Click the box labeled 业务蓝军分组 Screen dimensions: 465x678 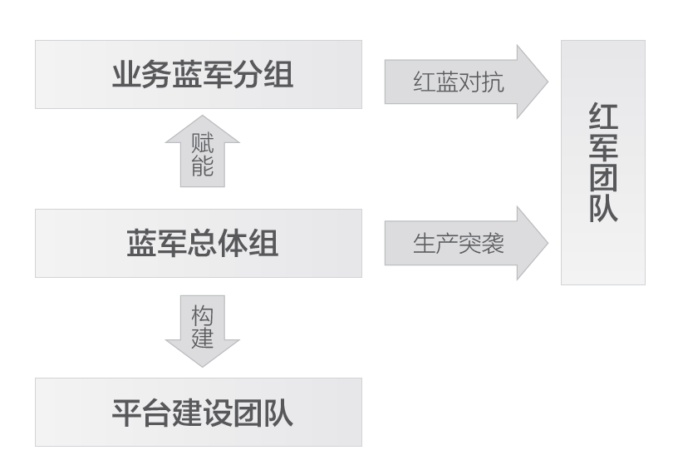[199, 75]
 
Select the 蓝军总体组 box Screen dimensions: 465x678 [199, 243]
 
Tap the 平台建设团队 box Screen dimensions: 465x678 [199, 413]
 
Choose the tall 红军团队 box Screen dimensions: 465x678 [602, 162]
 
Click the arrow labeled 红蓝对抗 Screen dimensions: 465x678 [465, 82]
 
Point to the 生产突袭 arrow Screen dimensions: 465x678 [465, 245]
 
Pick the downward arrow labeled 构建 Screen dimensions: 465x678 [202, 329]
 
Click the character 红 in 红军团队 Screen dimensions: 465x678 [603, 119]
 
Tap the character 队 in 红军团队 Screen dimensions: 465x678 [603, 208]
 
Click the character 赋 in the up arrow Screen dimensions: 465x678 [202, 143]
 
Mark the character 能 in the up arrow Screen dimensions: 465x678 [202, 166]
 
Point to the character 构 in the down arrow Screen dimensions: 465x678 [202, 316]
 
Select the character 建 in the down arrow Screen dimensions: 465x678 [202, 339]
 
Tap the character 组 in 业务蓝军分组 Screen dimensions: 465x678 [278, 76]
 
